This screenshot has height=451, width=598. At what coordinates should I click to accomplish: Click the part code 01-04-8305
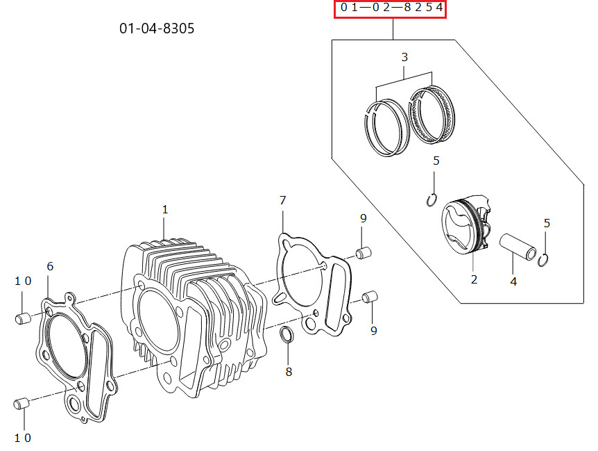[x=157, y=28]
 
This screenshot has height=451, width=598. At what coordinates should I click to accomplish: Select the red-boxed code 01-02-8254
[x=391, y=8]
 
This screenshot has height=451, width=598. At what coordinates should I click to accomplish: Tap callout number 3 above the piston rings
[x=404, y=57]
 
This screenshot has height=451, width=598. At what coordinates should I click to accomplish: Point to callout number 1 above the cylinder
[x=164, y=209]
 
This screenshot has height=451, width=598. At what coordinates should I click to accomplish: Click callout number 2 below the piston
[x=474, y=279]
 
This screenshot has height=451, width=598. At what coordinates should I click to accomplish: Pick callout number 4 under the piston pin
[x=513, y=282]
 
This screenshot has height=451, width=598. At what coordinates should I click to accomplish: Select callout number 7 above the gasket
[x=282, y=200]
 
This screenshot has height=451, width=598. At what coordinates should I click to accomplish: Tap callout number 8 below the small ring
[x=289, y=372]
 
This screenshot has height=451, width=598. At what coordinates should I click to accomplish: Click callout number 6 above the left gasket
[x=50, y=266]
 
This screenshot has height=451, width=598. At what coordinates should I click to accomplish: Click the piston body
[x=466, y=224]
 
